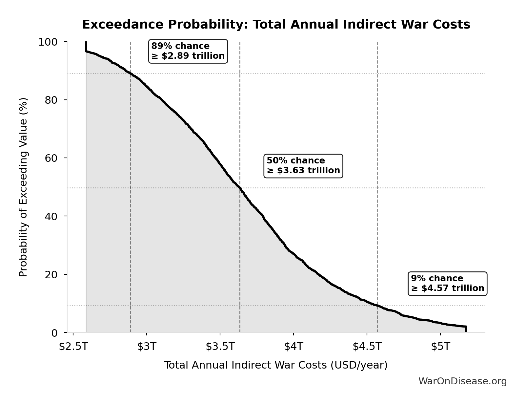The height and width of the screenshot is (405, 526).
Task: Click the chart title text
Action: [276, 25]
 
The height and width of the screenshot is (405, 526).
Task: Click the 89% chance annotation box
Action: [188, 51]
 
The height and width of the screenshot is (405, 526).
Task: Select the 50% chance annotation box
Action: [303, 166]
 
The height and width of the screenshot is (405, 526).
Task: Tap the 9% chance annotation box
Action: [447, 284]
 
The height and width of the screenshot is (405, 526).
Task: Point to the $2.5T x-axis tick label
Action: [73, 346]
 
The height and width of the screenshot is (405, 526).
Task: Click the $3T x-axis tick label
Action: [147, 346]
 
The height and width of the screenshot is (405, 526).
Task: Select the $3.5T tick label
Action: [220, 346]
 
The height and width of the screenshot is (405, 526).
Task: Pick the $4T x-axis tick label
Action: [293, 346]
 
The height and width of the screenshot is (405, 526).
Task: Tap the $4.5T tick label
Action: [367, 346]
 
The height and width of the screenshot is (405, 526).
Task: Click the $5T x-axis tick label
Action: [440, 346]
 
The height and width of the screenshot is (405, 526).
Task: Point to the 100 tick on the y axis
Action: [48, 42]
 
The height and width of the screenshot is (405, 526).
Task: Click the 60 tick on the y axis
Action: [51, 158]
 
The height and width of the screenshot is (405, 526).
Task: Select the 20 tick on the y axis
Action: [51, 274]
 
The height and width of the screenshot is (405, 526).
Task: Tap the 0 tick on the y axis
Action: [54, 333]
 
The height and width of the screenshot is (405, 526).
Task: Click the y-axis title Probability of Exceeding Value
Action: [23, 187]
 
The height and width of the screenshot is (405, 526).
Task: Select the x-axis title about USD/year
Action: [276, 365]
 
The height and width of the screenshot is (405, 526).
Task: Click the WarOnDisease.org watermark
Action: [462, 381]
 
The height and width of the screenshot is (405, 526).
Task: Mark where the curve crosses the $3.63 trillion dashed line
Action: [240, 188]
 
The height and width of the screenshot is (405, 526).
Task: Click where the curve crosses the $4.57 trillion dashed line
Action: [377, 306]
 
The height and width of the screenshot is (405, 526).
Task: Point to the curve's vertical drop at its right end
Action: [466, 329]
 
